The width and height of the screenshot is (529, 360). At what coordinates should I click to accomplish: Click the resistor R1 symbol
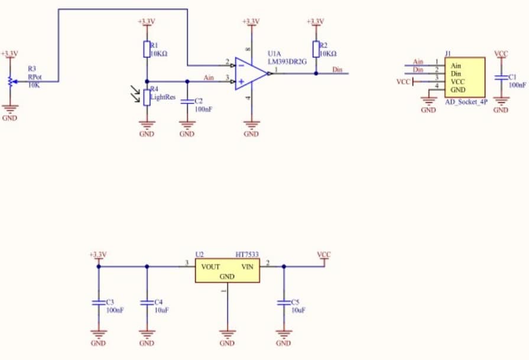[147, 49]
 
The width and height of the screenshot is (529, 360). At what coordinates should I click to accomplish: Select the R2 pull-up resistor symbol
[316, 49]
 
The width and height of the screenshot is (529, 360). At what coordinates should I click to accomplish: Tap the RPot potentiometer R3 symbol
[9, 81]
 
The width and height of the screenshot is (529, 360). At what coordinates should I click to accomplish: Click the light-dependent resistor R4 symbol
[147, 96]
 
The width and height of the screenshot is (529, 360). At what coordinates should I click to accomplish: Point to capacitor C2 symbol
[187, 101]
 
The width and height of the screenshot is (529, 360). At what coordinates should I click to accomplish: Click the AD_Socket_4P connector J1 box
[465, 77]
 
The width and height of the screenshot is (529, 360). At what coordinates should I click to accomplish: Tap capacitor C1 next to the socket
[501, 77]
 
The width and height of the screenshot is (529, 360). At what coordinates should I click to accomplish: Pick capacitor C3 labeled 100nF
[98, 302]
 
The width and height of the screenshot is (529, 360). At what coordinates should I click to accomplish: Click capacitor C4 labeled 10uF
[147, 302]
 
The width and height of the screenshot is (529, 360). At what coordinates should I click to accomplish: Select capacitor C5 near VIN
[284, 302]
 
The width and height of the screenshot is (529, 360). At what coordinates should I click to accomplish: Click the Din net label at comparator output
[337, 70]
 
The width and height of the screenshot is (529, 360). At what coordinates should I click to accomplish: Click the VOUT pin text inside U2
[210, 267]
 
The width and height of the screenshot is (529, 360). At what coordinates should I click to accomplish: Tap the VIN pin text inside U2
[246, 267]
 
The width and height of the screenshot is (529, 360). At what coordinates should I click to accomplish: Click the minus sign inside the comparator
[241, 66]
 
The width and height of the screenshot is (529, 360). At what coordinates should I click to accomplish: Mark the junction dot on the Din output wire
[316, 73]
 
